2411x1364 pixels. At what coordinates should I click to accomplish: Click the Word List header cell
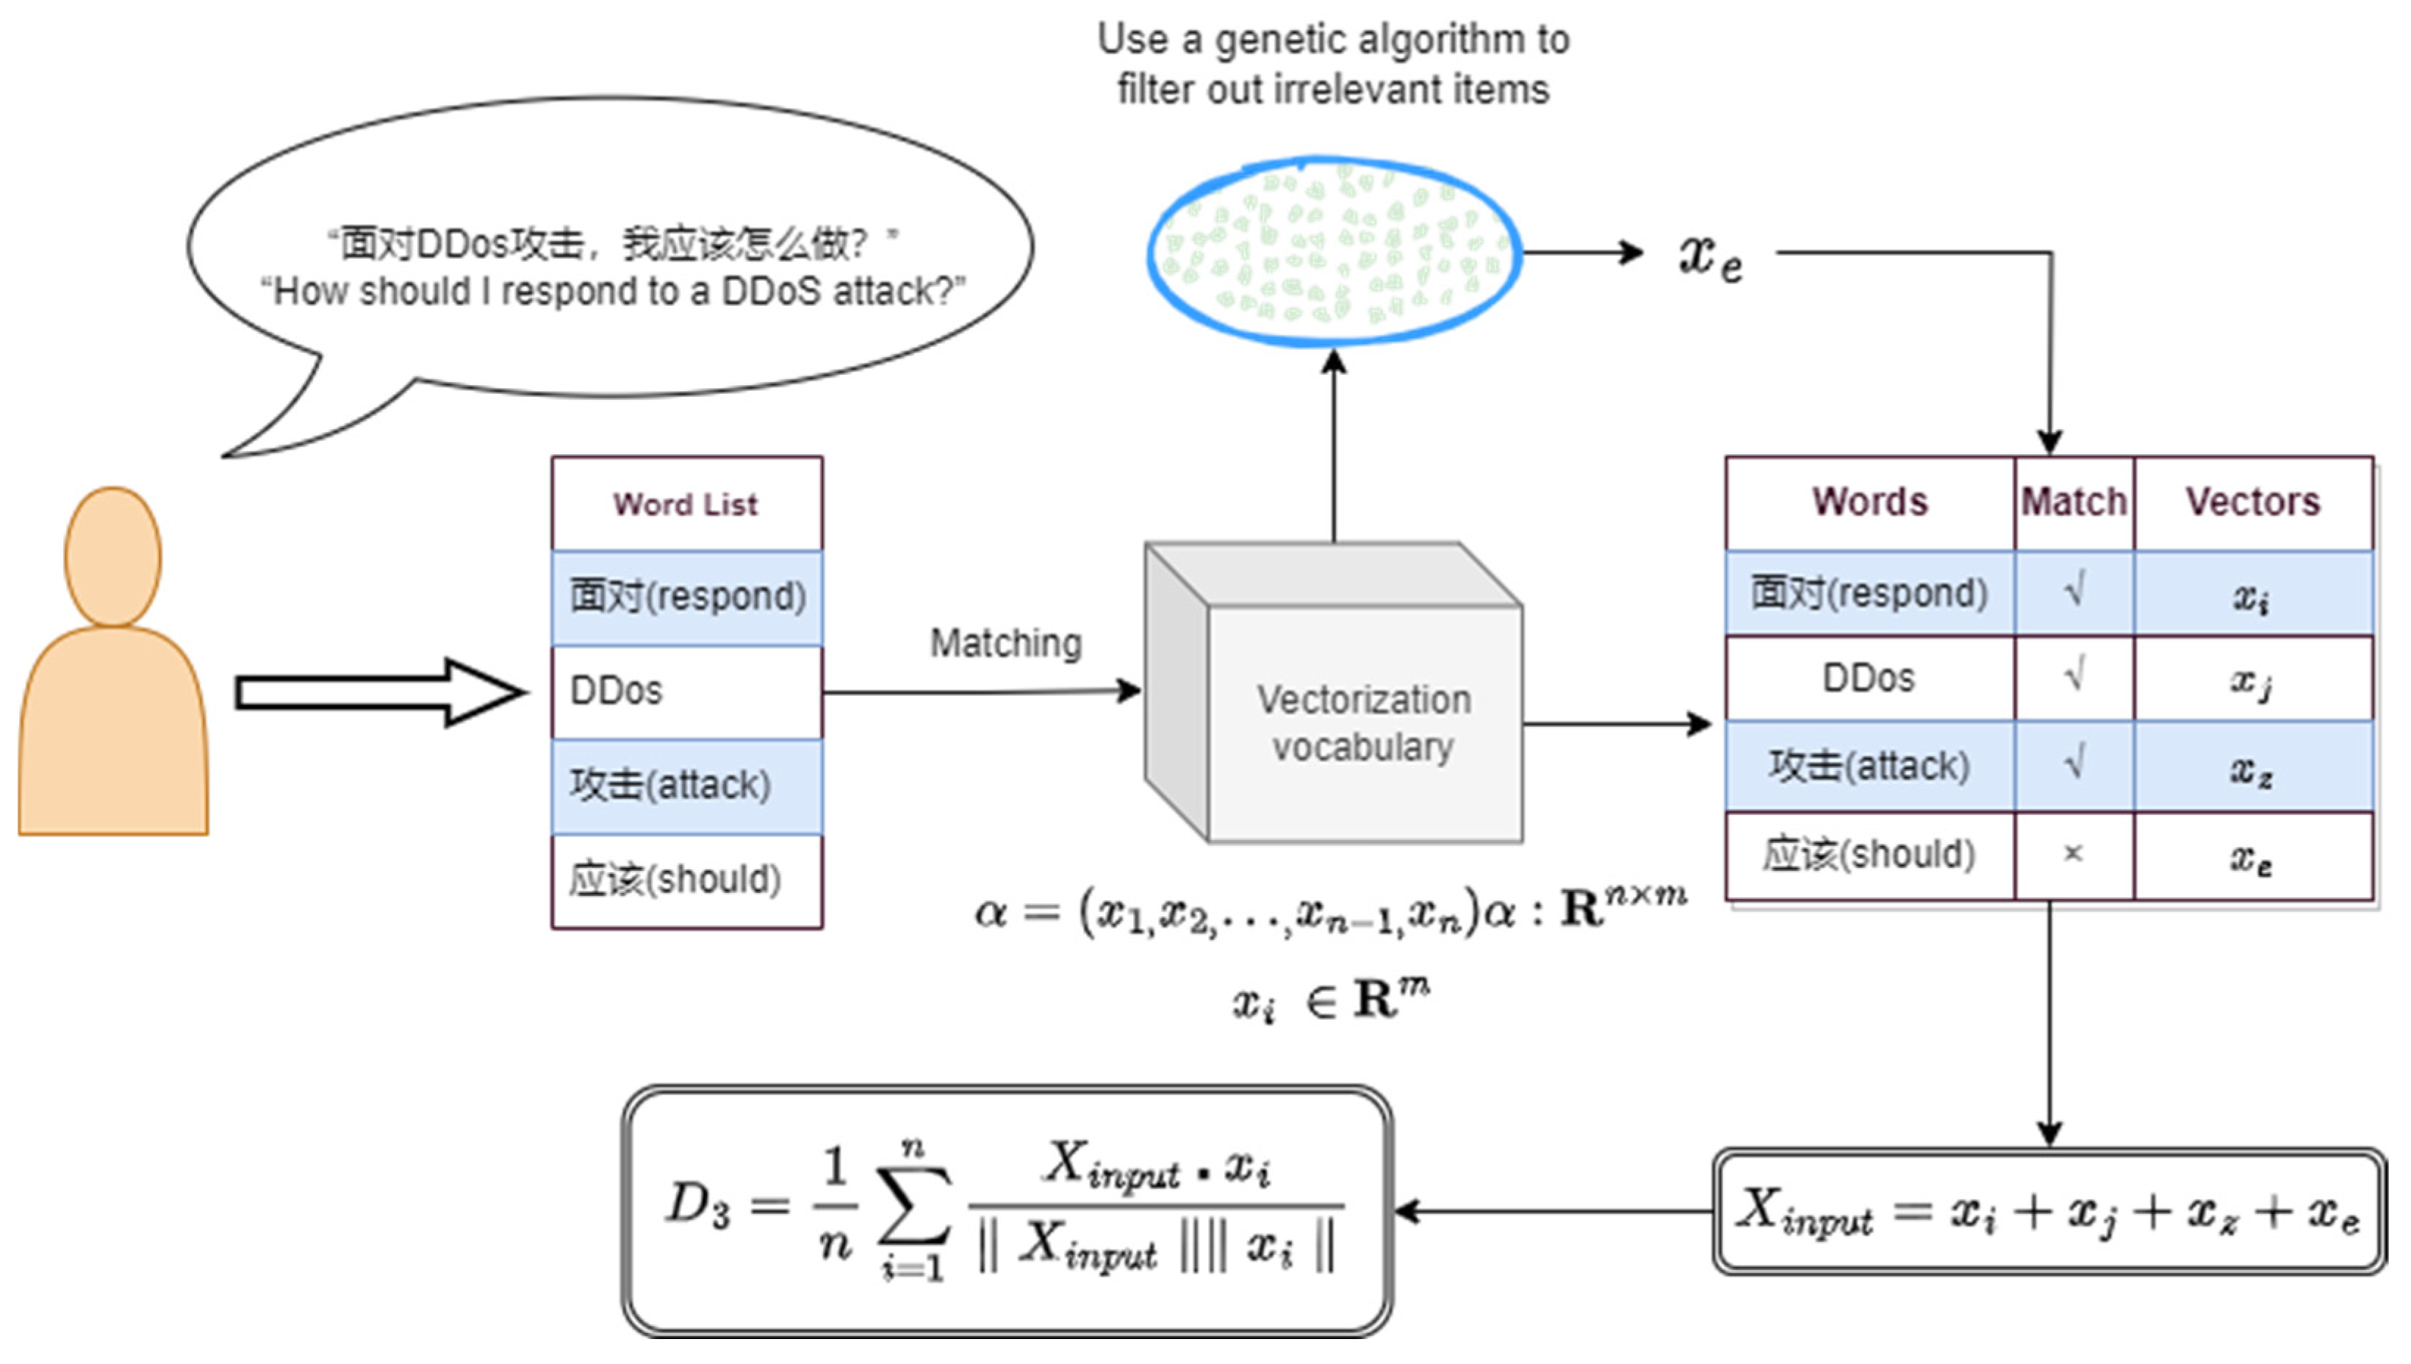click(x=686, y=504)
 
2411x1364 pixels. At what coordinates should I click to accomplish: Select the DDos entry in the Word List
click(x=686, y=692)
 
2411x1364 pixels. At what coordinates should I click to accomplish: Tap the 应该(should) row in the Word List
click(x=686, y=880)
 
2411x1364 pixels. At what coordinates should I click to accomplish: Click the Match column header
click(x=2073, y=502)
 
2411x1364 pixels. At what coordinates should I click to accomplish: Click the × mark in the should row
click(x=2073, y=853)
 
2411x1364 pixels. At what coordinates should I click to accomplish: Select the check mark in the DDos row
click(x=2074, y=676)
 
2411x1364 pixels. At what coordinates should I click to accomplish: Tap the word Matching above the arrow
click(x=1005, y=644)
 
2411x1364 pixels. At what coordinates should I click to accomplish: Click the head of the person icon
click(x=112, y=556)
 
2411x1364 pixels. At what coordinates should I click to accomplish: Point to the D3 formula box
click(x=1006, y=1210)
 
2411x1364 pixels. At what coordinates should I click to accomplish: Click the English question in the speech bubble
click(x=613, y=291)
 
